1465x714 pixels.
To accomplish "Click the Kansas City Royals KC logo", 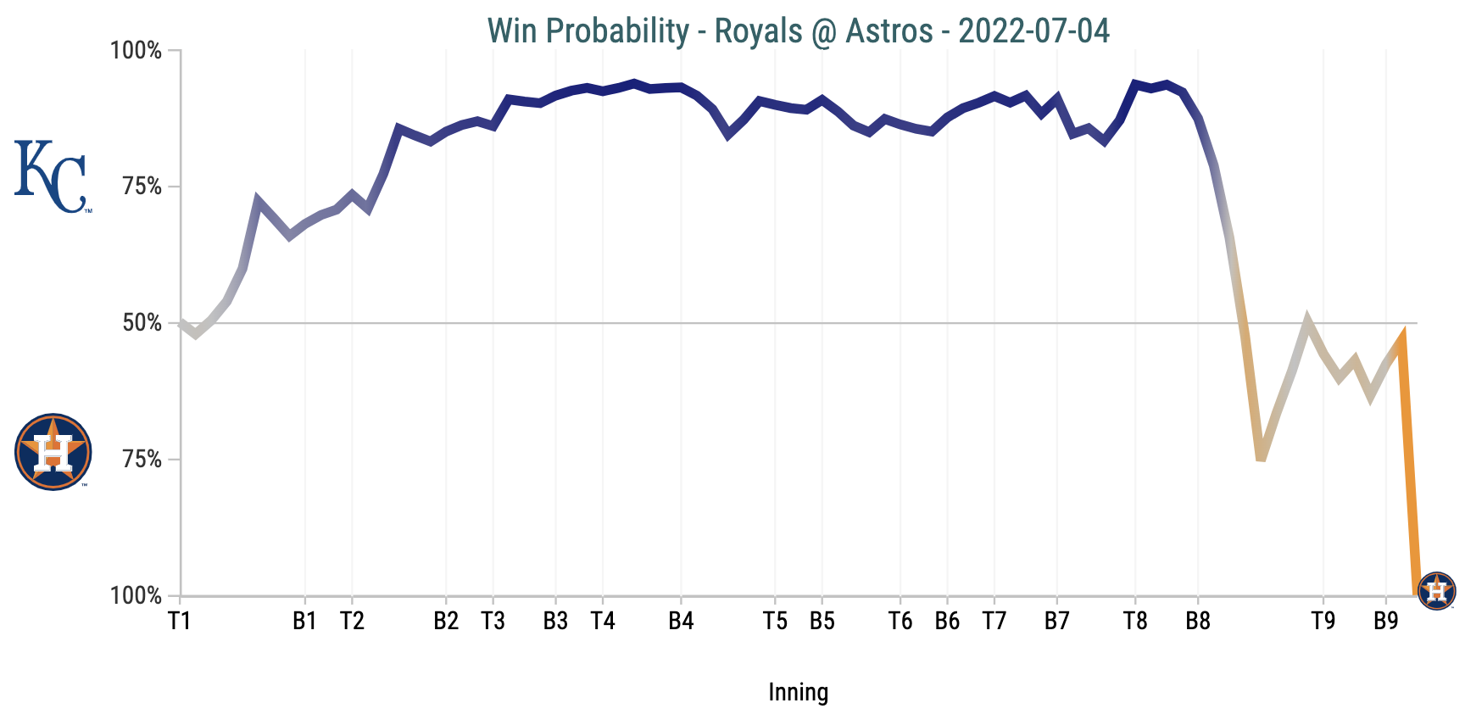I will click(x=51, y=177).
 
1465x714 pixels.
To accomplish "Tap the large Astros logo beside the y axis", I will click(x=53, y=452).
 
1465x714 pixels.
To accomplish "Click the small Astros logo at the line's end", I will click(x=1437, y=591).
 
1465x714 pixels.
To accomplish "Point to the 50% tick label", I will click(x=142, y=323).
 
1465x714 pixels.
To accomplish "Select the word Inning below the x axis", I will click(x=798, y=692).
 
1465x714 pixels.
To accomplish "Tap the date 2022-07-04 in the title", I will click(x=1033, y=31).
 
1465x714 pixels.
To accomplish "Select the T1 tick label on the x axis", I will click(x=180, y=622).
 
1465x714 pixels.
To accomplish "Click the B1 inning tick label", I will click(x=305, y=622).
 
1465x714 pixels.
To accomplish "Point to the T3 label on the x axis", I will click(x=493, y=622).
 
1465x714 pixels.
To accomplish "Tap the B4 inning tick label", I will click(x=681, y=622).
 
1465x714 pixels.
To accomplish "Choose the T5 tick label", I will click(x=775, y=622).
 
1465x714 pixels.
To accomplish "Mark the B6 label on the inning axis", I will click(x=947, y=622).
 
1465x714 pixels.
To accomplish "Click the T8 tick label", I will click(x=1135, y=622).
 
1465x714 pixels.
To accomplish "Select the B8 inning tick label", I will click(x=1198, y=622).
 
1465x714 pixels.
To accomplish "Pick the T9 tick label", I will click(x=1323, y=622).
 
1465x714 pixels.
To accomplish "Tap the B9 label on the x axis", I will click(x=1386, y=622).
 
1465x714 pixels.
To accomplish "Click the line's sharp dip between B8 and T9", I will click(x=1261, y=456).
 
